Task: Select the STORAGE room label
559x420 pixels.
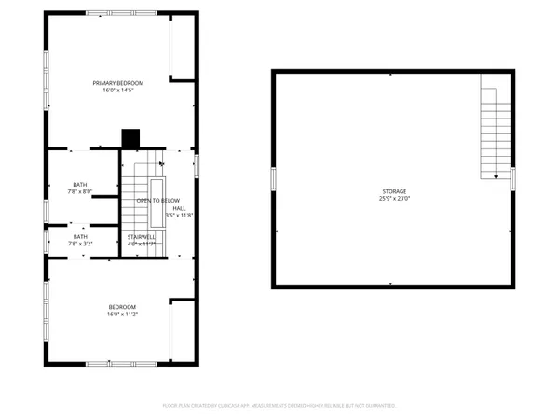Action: click(x=393, y=191)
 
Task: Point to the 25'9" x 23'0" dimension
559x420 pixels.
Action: click(x=393, y=199)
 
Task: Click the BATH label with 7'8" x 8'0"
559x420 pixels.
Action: click(x=81, y=185)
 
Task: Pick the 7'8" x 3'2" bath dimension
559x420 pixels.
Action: click(x=81, y=245)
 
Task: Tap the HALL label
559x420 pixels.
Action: click(x=179, y=208)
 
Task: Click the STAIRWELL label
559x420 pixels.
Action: click(x=142, y=237)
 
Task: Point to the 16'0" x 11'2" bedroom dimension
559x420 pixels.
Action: click(x=122, y=315)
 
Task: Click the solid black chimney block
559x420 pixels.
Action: click(x=130, y=136)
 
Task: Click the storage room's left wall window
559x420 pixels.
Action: click(x=272, y=179)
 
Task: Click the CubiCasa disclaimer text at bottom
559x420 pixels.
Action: click(x=279, y=406)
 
